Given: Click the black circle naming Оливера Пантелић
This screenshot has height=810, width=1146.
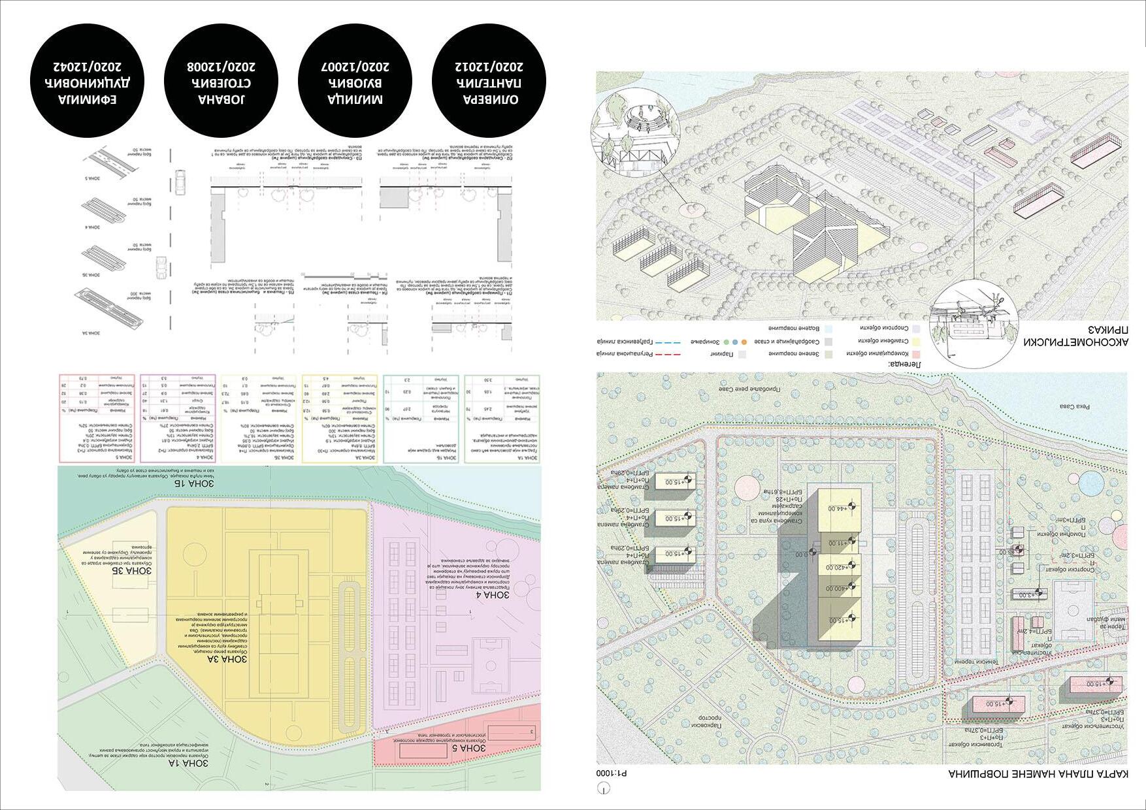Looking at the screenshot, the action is point(489,82).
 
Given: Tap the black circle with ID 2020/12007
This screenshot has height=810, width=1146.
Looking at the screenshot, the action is point(355,82).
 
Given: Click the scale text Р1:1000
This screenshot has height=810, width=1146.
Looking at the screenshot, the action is point(612,773).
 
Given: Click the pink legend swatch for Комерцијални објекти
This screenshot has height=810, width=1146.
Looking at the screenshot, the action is point(917,353).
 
